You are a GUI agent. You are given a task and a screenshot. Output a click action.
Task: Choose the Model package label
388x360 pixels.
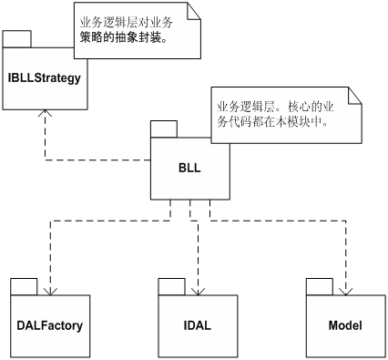345,325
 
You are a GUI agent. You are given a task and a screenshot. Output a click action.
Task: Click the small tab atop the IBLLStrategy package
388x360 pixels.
18,38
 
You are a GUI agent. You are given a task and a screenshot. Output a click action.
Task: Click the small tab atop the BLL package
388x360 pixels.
165,128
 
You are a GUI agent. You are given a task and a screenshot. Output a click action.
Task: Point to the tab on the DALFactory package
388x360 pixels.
24,285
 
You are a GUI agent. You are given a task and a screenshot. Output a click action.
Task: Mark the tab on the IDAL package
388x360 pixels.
170,285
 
